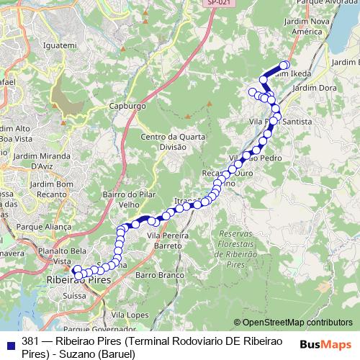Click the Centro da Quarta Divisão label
click(163, 142)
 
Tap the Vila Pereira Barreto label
click(168, 240)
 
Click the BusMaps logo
click(325, 345)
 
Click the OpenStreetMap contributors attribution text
click(297, 323)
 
